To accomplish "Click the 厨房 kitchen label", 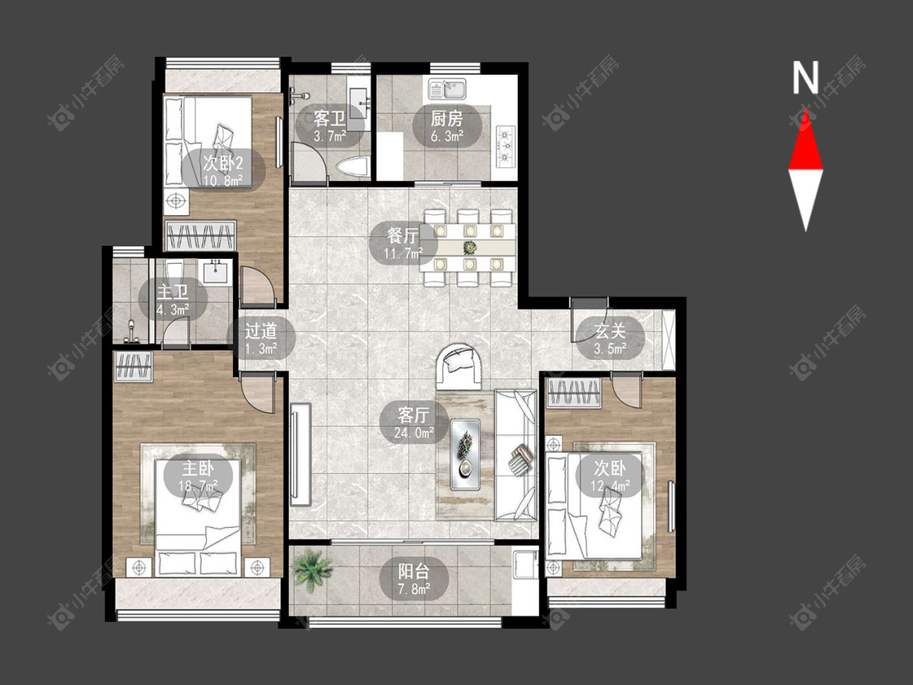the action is [x=446, y=119].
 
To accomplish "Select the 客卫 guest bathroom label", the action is [x=329, y=119].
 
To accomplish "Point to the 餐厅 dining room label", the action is [x=403, y=235].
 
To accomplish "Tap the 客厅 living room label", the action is [x=414, y=415].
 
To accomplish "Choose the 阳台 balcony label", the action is [x=414, y=570].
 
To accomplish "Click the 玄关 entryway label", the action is [x=609, y=331].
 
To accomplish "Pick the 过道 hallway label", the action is [x=261, y=331].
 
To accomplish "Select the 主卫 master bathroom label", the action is [x=173, y=291].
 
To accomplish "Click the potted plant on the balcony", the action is [x=312, y=571].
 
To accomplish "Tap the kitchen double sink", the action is [x=447, y=89].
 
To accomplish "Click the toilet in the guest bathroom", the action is [x=354, y=168].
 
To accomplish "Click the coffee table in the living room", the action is [x=465, y=454].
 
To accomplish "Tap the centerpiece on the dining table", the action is [x=469, y=248].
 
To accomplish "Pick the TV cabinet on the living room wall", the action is [x=300, y=455].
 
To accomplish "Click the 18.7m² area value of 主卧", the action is [x=198, y=485].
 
